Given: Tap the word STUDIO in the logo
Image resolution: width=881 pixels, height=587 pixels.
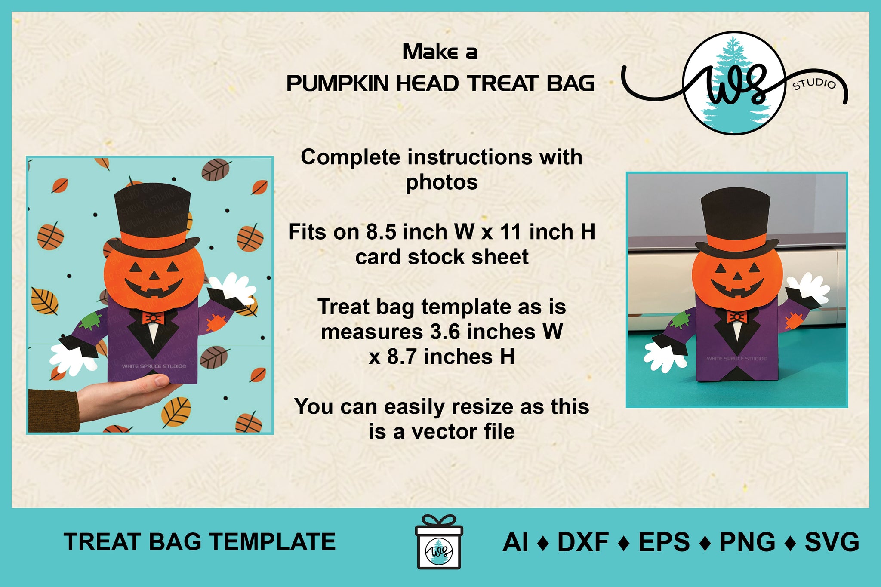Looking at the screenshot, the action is click(x=814, y=84).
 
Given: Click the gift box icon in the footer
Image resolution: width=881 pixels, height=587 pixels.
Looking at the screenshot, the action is click(x=439, y=542).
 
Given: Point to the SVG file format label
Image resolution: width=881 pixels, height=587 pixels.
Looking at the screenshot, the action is click(x=832, y=542).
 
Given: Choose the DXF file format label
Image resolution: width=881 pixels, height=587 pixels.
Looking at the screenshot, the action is click(x=583, y=542).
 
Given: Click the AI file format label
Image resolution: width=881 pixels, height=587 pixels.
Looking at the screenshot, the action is click(x=515, y=542).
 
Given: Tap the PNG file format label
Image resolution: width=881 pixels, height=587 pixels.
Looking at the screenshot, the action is click(x=748, y=542).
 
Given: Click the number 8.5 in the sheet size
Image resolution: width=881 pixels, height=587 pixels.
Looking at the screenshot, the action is click(x=382, y=232).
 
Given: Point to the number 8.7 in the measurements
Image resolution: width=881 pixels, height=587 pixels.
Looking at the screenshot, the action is click(x=403, y=357).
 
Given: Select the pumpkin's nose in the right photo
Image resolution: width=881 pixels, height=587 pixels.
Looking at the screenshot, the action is click(x=737, y=276).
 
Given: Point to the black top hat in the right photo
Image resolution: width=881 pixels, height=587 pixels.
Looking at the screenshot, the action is click(x=736, y=222).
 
